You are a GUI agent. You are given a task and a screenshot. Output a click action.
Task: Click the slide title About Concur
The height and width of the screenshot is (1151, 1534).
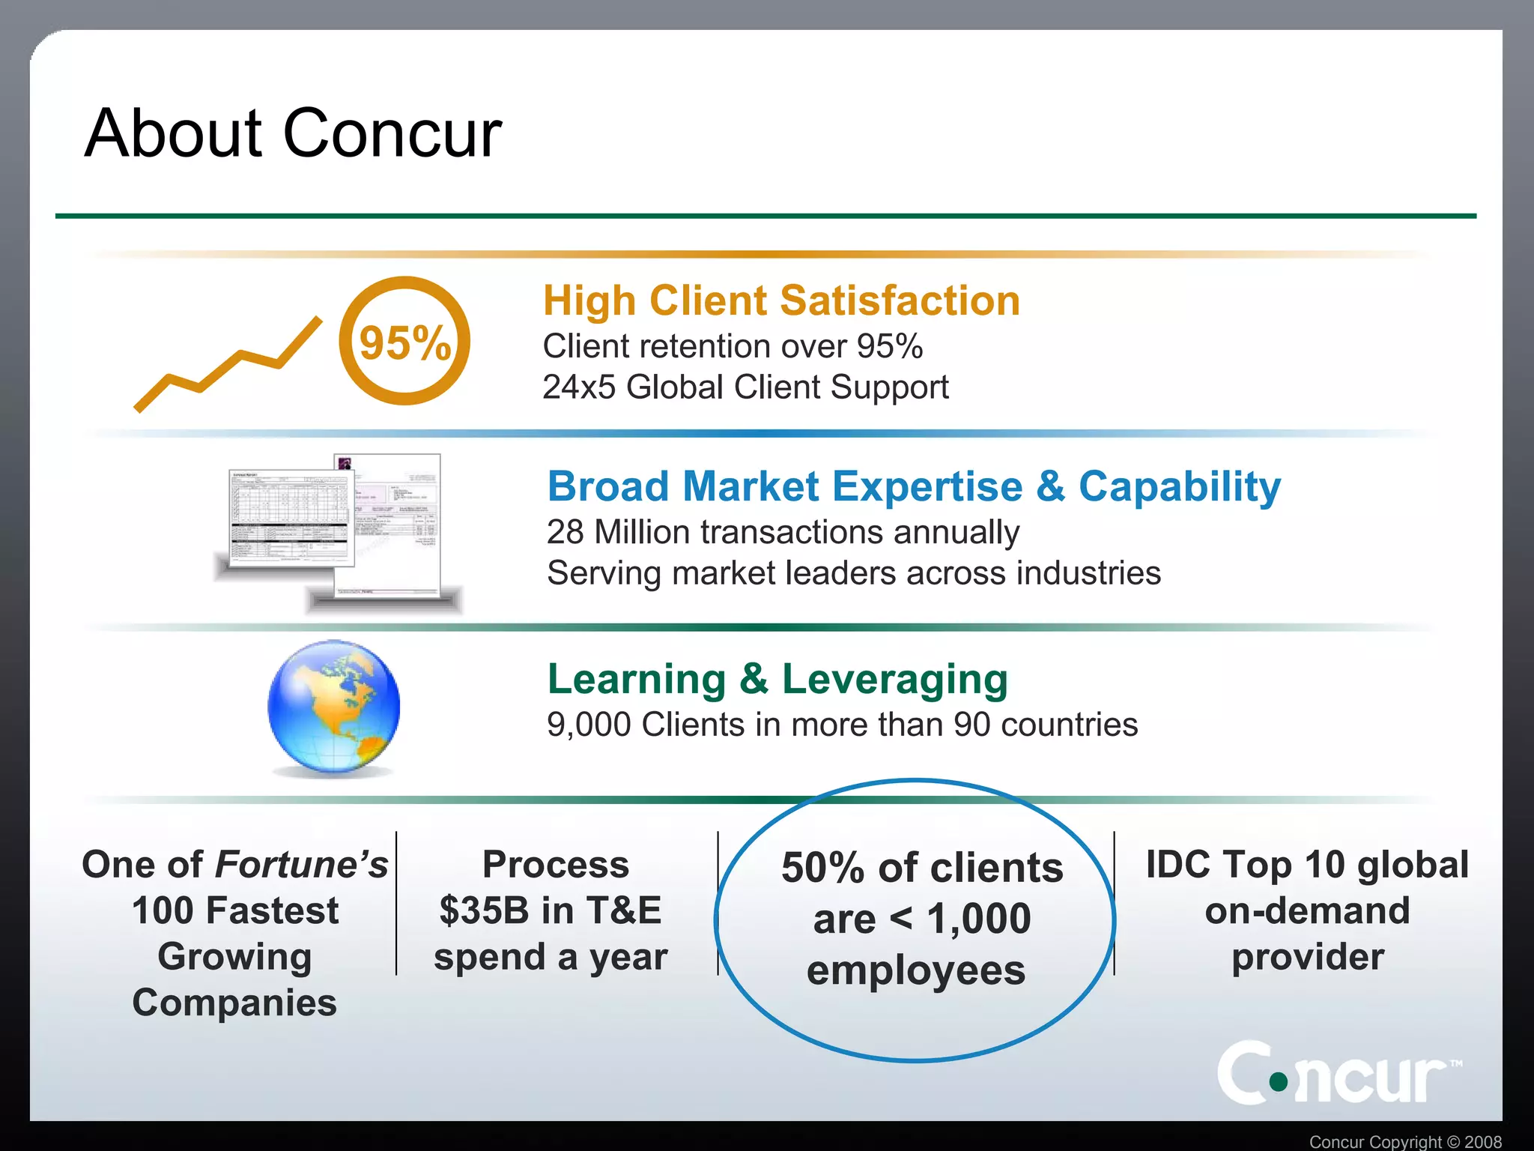[x=293, y=133]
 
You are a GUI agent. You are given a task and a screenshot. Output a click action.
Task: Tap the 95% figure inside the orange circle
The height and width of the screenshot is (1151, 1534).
[x=405, y=343]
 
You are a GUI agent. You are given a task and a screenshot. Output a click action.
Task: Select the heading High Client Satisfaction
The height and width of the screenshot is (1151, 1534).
[x=781, y=300]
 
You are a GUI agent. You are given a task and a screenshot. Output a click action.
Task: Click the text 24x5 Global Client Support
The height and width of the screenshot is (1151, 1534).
[x=745, y=387]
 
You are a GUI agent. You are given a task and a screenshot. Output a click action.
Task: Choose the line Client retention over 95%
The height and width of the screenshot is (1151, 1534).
[x=733, y=346]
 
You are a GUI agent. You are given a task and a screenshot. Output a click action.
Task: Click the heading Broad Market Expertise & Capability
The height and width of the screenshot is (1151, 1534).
[x=914, y=486]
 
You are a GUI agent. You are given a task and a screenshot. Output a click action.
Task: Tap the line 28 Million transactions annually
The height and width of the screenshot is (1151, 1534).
[x=783, y=532]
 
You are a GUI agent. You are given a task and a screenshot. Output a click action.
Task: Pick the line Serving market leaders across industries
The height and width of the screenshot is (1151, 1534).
[x=854, y=573]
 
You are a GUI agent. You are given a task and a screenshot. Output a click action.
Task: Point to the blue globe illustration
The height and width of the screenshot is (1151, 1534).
[x=334, y=707]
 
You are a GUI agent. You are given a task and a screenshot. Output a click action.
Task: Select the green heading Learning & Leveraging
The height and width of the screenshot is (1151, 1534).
[x=777, y=679]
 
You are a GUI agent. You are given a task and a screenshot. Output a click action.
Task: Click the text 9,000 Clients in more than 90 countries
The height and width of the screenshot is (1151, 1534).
[x=842, y=725]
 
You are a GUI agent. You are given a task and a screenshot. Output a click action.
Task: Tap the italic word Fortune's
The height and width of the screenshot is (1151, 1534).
[x=301, y=864]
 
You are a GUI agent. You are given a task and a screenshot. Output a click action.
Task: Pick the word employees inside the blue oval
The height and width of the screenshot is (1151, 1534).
[x=915, y=970]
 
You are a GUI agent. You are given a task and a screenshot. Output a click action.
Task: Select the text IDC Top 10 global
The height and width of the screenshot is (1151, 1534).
[x=1307, y=864]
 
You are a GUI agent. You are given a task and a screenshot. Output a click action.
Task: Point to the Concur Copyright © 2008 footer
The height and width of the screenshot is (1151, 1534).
[x=1405, y=1141]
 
